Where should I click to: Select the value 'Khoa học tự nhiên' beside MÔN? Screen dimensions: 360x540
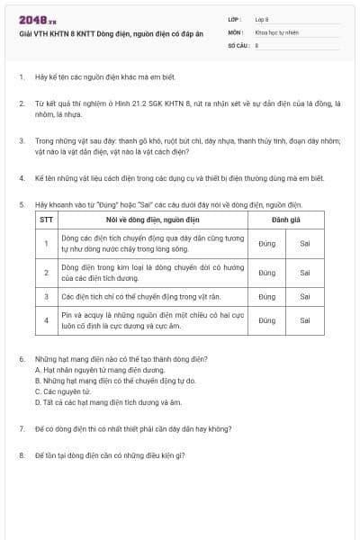click(x=275, y=31)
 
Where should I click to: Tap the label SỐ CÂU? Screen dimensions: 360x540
click(x=238, y=44)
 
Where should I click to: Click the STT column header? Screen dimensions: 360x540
click(x=46, y=219)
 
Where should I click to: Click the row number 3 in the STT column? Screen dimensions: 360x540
click(x=46, y=295)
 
